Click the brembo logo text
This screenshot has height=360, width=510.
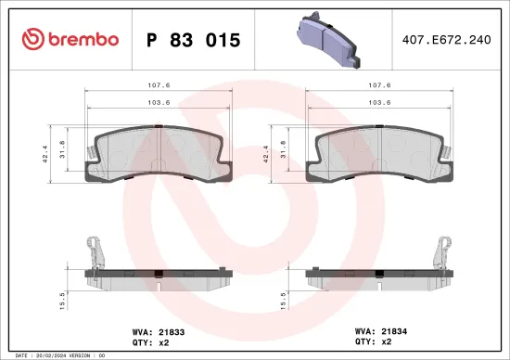[70, 39]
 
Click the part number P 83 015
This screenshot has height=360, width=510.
[194, 40]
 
